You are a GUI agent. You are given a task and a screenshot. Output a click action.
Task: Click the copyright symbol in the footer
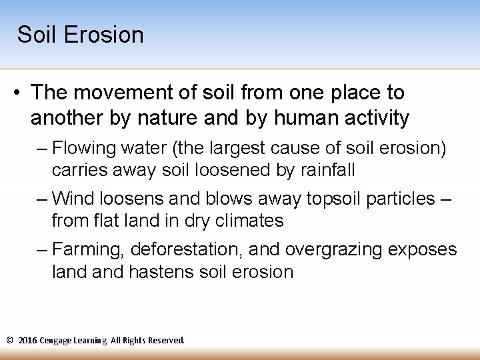tap(9, 340)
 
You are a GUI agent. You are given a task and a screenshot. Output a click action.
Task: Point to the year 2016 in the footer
tap(29, 340)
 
